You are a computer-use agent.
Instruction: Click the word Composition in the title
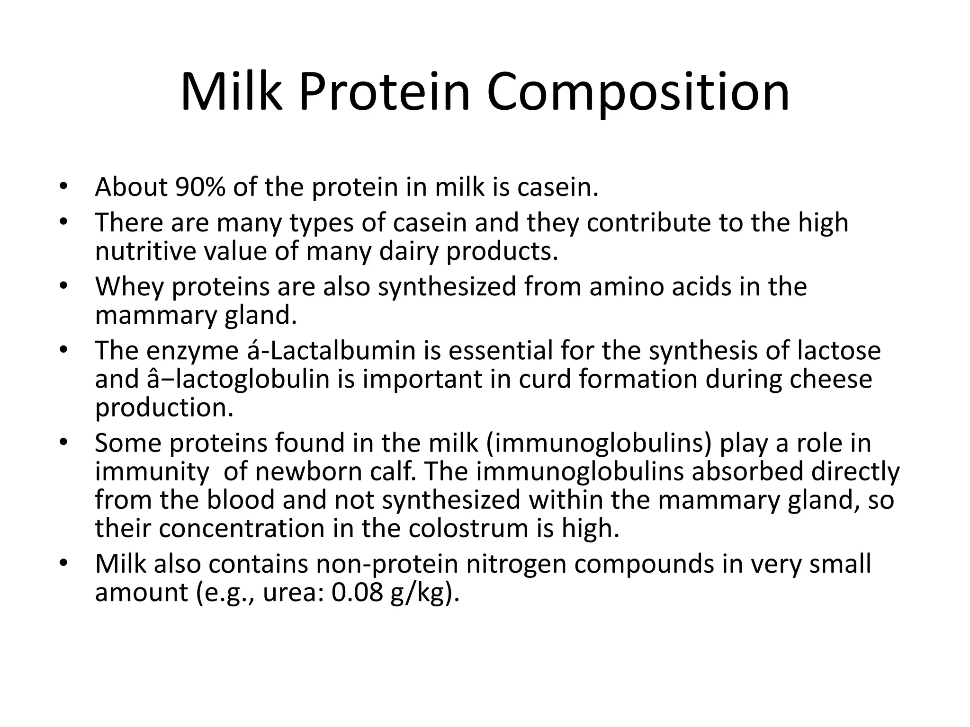pyautogui.click(x=638, y=93)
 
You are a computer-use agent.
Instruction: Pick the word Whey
pyautogui.click(x=129, y=287)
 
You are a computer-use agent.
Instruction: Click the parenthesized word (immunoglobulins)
pyautogui.click(x=599, y=443)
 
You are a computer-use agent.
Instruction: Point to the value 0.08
pyautogui.click(x=357, y=593)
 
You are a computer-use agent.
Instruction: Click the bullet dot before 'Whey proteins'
pyautogui.click(x=64, y=286)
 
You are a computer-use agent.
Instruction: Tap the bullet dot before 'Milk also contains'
pyautogui.click(x=64, y=564)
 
